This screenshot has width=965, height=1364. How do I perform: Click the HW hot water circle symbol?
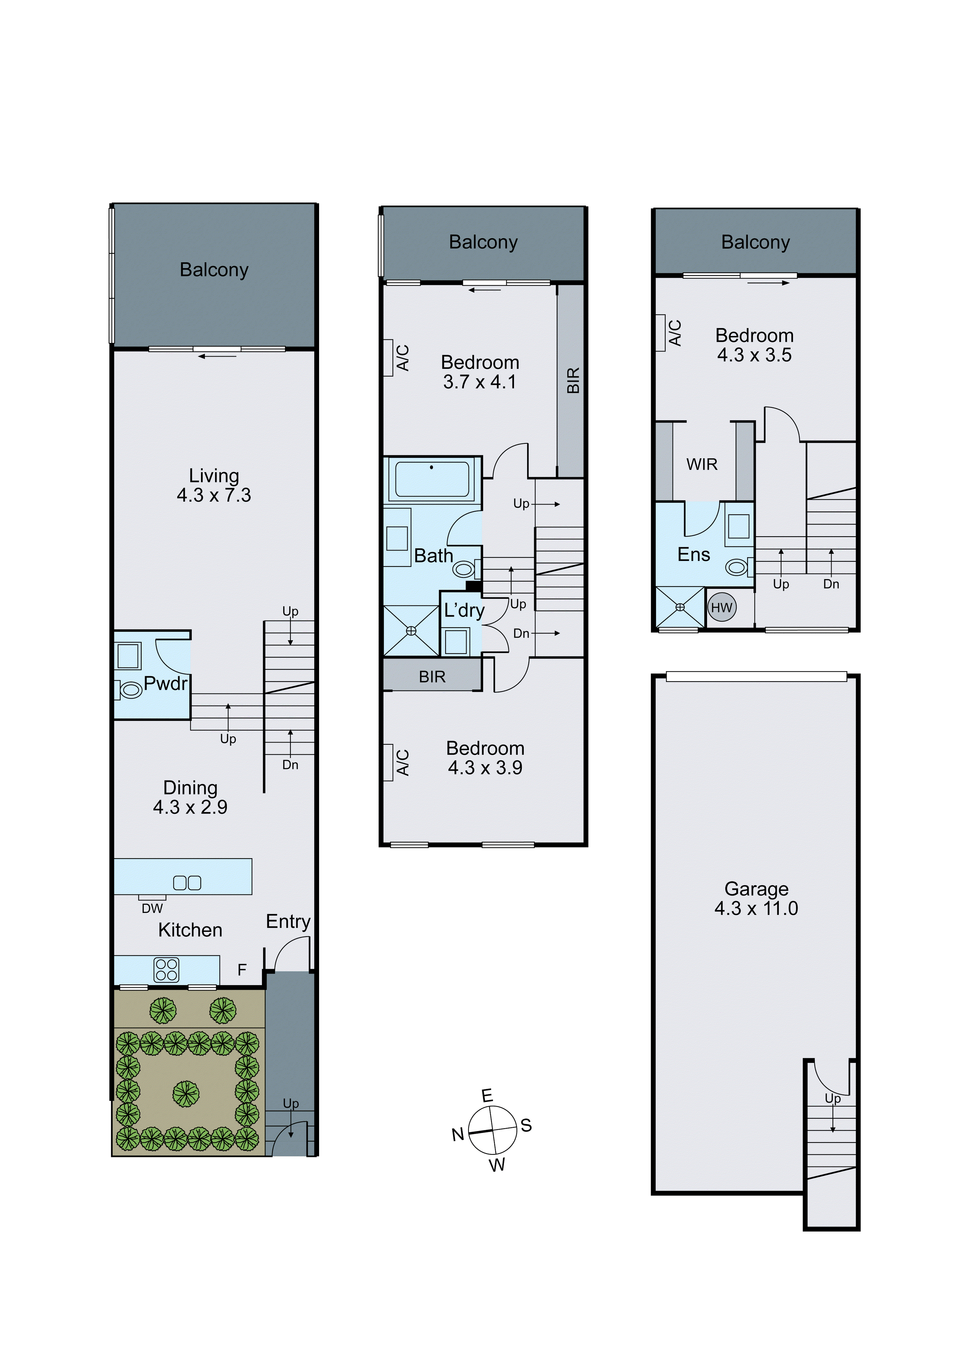point(721,608)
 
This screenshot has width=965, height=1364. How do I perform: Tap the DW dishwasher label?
point(152,908)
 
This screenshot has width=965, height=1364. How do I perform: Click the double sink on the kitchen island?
point(187,883)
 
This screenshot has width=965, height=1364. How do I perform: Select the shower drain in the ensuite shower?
point(680,607)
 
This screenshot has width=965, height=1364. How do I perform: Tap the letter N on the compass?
point(457,1135)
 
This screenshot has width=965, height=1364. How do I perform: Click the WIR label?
point(702,465)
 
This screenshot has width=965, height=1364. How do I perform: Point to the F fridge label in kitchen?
point(242,970)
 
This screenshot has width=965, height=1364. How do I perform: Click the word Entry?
point(288,922)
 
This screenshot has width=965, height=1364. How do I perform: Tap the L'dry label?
point(464,610)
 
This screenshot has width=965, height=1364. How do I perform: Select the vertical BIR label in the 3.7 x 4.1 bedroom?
point(573,380)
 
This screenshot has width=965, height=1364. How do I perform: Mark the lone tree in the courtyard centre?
point(186,1093)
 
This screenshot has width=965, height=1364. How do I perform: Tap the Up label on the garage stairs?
point(832,1098)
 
